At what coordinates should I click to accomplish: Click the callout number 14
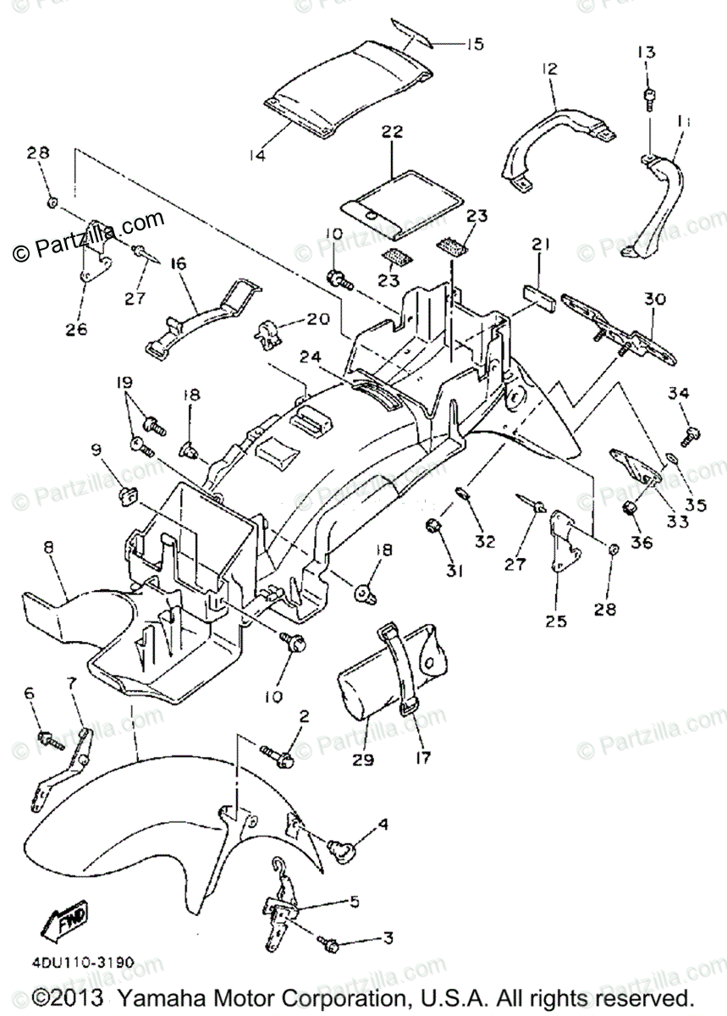click(257, 155)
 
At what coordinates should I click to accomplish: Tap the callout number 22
click(392, 132)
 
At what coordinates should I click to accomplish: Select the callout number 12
click(551, 69)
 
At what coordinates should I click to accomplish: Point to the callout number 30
click(654, 299)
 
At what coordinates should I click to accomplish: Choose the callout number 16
click(179, 263)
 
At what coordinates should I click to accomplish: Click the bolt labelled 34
click(691, 434)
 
